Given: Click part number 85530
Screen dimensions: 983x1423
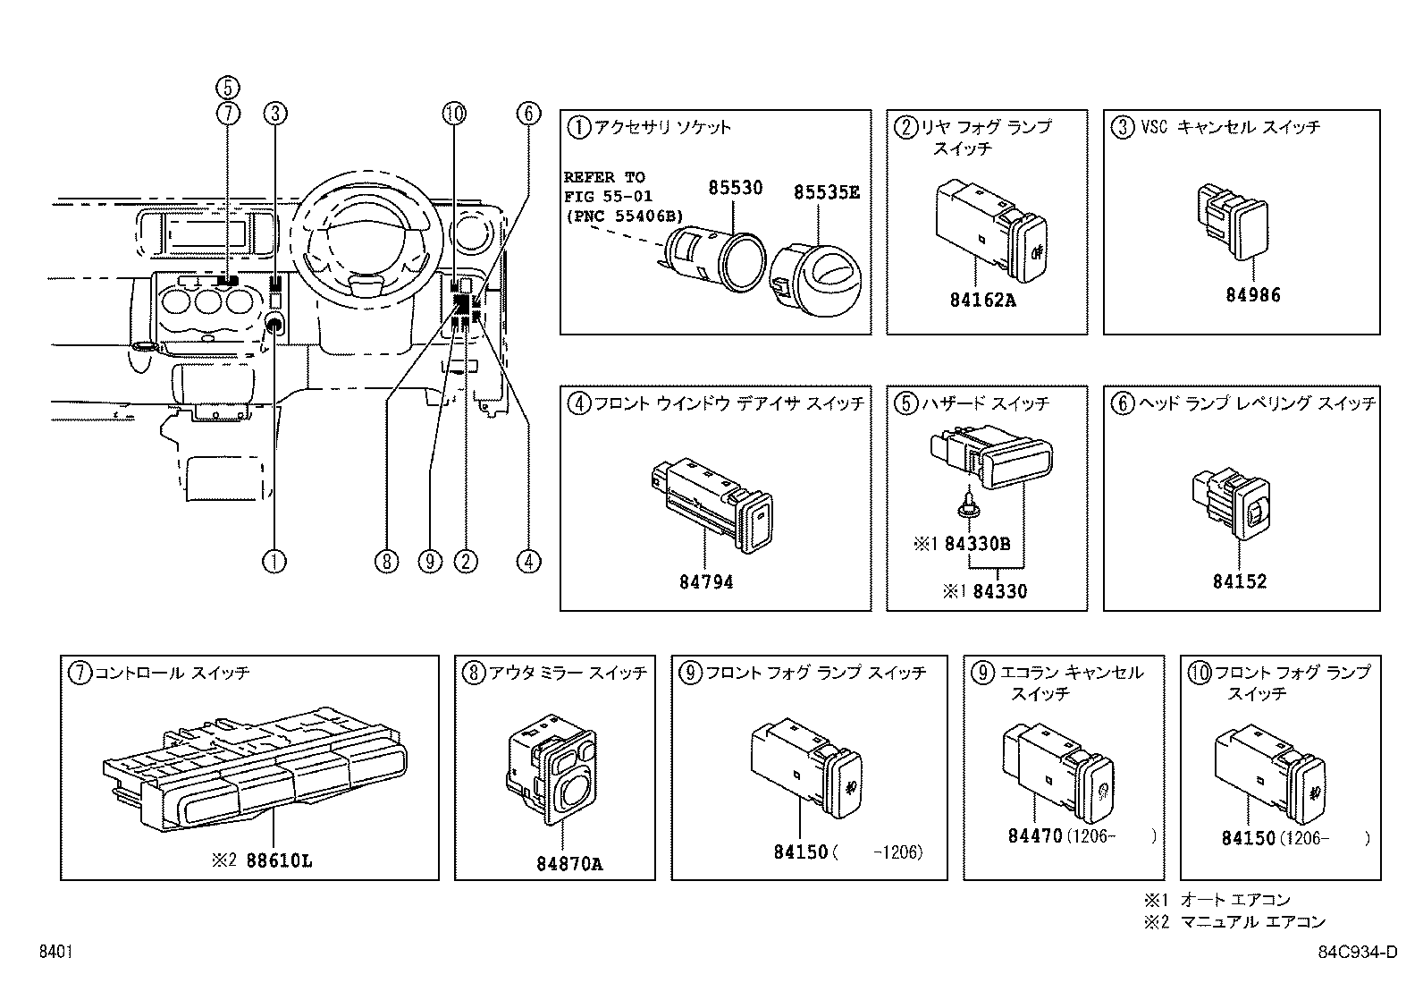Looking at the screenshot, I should click(736, 188).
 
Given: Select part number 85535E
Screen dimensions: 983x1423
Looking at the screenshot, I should click(826, 191).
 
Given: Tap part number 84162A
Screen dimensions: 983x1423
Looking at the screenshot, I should click(983, 301).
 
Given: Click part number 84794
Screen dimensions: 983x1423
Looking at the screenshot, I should click(706, 582).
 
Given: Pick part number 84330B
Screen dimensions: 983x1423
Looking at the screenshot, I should click(977, 544).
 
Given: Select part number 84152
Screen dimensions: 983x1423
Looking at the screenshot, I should click(1240, 581).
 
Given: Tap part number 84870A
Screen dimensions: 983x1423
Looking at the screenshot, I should click(569, 864).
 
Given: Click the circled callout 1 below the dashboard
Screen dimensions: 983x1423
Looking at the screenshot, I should click(274, 562).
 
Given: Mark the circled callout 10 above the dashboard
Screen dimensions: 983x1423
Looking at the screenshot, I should click(454, 113).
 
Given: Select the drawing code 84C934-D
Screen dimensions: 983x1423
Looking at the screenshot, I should click(1357, 953).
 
